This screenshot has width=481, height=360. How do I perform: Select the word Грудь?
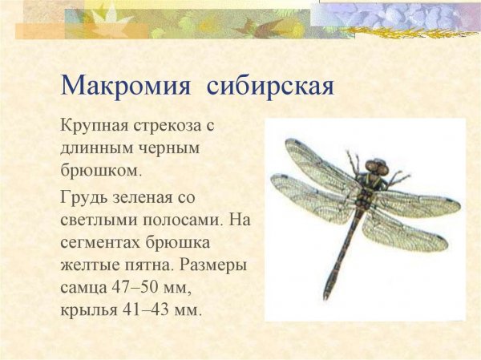(x=83, y=195)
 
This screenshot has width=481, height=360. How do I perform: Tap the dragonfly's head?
(x=376, y=169)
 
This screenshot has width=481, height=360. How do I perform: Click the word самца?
(x=83, y=286)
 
